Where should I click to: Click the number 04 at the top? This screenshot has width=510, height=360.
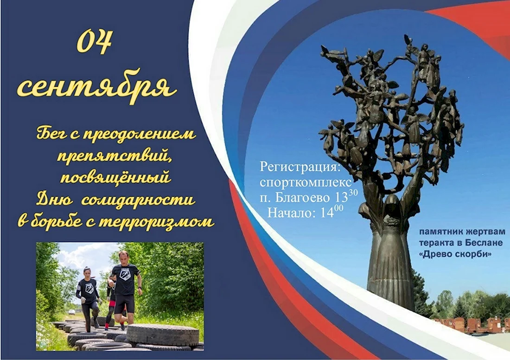(x=95, y=42)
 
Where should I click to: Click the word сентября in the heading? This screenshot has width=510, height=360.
(x=97, y=86)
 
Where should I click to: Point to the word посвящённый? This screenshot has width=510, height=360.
(x=115, y=178)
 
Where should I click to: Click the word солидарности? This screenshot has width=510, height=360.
(x=138, y=199)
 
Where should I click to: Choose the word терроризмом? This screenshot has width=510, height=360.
(x=156, y=221)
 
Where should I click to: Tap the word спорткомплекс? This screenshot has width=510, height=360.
(x=306, y=183)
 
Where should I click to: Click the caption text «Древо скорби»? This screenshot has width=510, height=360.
(x=455, y=254)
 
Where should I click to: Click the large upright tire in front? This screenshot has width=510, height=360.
(x=163, y=334)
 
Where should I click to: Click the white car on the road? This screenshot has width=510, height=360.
(x=71, y=312)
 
